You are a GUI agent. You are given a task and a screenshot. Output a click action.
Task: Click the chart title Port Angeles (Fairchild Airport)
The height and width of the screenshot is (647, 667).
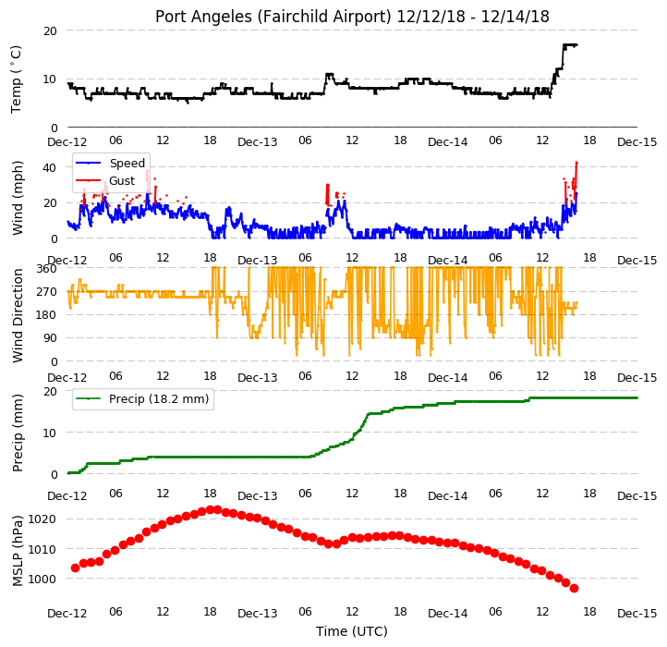[273, 17]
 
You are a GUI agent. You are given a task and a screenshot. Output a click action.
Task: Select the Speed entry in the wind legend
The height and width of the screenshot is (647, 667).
[127, 163]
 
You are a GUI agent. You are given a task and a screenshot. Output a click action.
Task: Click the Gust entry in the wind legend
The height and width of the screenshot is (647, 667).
[122, 181]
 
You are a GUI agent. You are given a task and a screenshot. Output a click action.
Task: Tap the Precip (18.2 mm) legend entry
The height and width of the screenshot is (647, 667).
[159, 399]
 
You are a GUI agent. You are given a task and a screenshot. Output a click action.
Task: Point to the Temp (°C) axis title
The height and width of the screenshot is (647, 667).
[16, 79]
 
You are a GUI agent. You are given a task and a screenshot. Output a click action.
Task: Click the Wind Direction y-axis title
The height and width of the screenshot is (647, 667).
[17, 315]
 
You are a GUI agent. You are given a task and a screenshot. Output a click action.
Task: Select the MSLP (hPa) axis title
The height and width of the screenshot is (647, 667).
[17, 551]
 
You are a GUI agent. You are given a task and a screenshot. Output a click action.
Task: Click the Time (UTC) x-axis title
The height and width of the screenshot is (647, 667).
[352, 630]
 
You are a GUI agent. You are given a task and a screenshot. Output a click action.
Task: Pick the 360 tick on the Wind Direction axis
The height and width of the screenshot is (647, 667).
[47, 269]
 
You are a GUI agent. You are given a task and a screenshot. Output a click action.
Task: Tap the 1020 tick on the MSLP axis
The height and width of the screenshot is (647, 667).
[42, 519]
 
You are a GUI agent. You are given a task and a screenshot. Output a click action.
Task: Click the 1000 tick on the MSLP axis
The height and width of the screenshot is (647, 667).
[42, 579]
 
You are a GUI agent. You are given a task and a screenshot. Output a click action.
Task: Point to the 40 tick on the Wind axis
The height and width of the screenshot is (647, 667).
[50, 167]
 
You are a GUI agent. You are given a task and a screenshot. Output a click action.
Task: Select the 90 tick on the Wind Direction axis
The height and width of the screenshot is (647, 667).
[50, 338]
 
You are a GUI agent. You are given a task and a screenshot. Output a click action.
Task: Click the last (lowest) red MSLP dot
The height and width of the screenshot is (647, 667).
[574, 588]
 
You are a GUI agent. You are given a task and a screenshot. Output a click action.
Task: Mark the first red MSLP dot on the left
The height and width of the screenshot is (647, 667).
[76, 568]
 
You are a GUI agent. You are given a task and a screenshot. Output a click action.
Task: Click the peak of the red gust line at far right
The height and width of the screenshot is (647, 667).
[576, 162]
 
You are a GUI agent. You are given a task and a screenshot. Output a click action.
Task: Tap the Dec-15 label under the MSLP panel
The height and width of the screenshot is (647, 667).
[637, 614]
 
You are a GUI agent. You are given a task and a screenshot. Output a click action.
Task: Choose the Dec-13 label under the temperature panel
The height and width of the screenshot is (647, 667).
[258, 142]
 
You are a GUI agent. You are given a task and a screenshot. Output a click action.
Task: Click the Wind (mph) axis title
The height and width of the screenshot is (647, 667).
[17, 198]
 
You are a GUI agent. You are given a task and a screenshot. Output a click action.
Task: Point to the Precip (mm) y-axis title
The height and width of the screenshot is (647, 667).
[17, 433]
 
